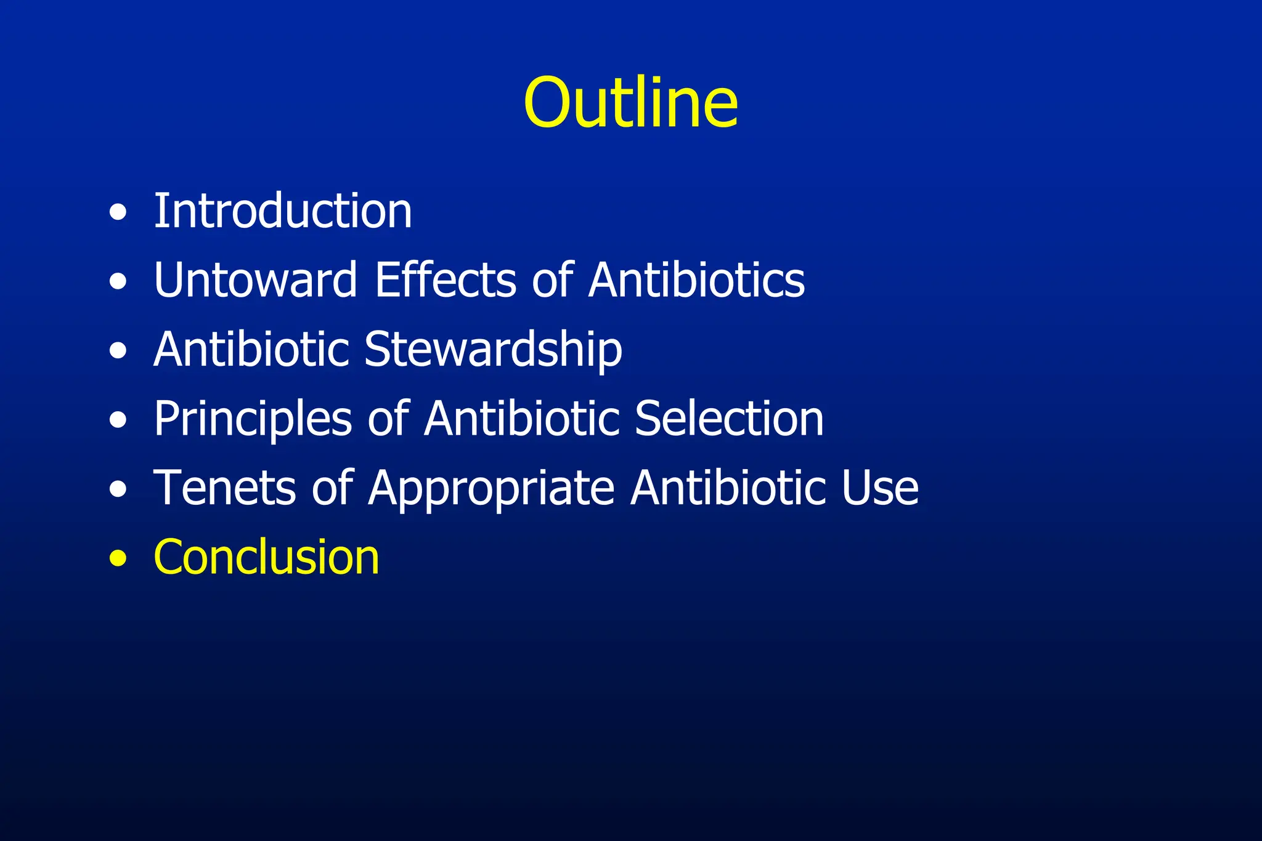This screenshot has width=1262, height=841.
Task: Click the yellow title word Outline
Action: (x=630, y=103)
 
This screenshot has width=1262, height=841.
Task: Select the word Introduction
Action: (x=283, y=211)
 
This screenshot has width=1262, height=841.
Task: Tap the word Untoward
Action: (x=255, y=280)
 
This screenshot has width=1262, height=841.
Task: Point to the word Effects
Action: (x=445, y=280)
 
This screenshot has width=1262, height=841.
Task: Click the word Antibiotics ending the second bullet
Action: (x=696, y=280)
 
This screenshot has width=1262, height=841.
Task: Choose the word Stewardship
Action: (x=493, y=350)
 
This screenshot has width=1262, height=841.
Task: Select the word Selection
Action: (x=729, y=419)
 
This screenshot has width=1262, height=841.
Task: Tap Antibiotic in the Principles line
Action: (x=522, y=419)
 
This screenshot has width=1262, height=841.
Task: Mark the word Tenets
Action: (x=224, y=488)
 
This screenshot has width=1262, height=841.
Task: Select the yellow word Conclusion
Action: (x=266, y=558)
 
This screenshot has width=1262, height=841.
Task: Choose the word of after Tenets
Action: (x=332, y=488)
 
